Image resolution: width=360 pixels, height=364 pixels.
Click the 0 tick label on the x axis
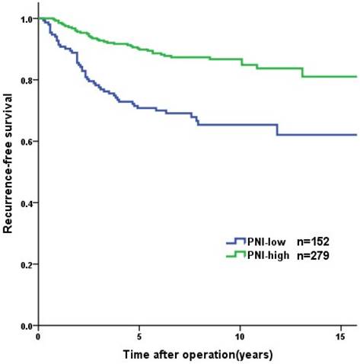[x=38, y=335]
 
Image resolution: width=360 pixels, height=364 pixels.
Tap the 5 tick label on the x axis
[x=139, y=335]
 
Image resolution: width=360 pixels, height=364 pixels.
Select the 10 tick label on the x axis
[x=240, y=335]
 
